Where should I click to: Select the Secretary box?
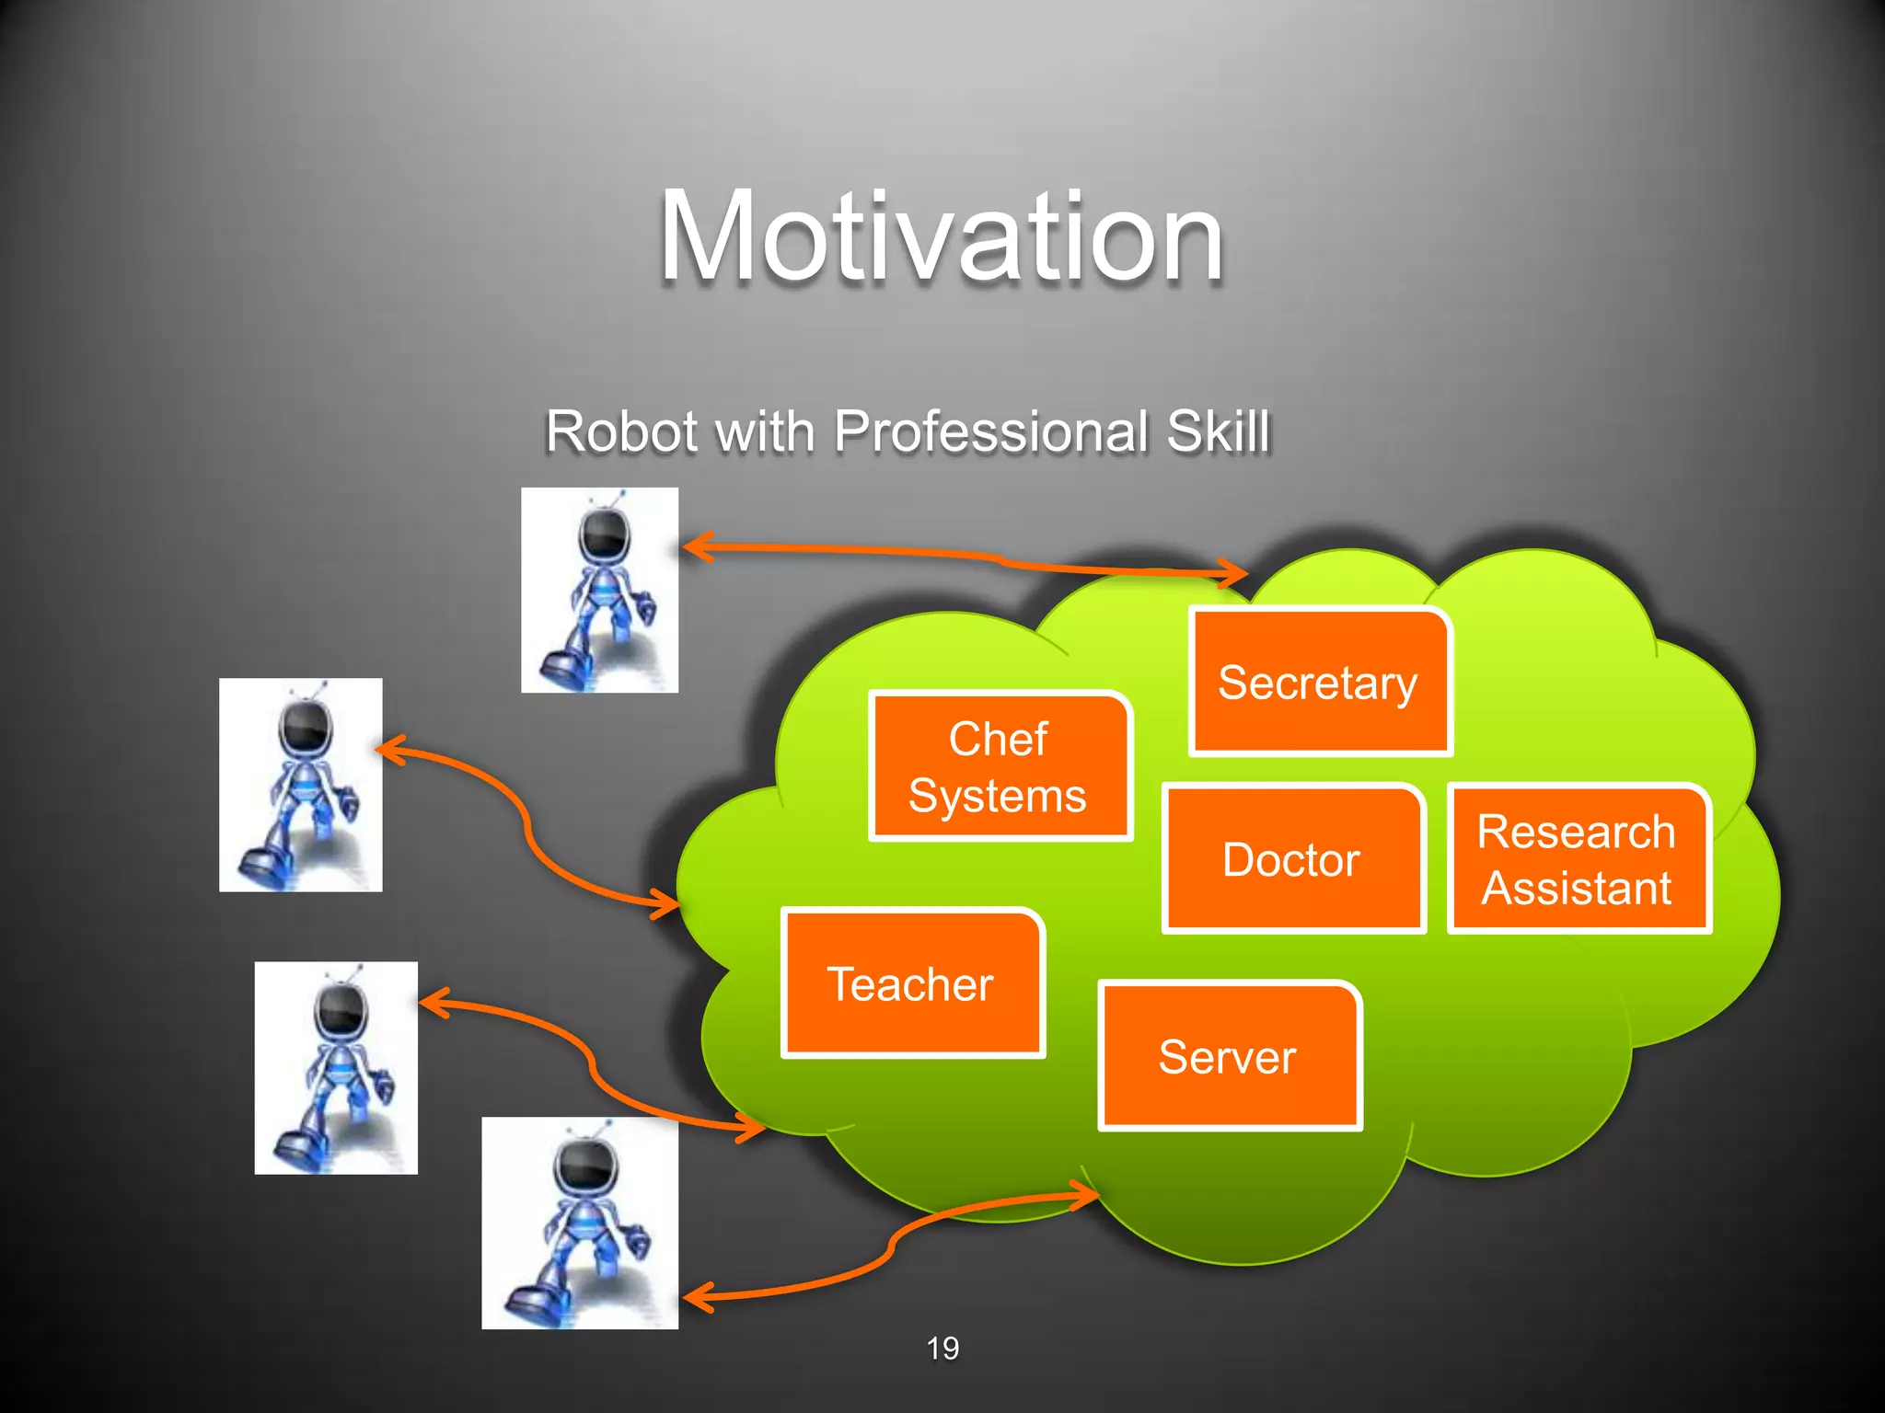(1319, 683)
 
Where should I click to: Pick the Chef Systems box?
(1000, 766)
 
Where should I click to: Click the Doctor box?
(1292, 859)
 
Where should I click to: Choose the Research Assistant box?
(1578, 859)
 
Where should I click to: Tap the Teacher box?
(911, 983)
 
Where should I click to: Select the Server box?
(1229, 1056)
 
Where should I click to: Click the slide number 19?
(942, 1348)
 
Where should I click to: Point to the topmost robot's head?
(604, 534)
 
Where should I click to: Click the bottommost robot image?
(580, 1223)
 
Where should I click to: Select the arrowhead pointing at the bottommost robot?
(695, 1297)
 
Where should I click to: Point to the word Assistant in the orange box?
(1576, 888)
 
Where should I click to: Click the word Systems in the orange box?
(998, 796)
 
